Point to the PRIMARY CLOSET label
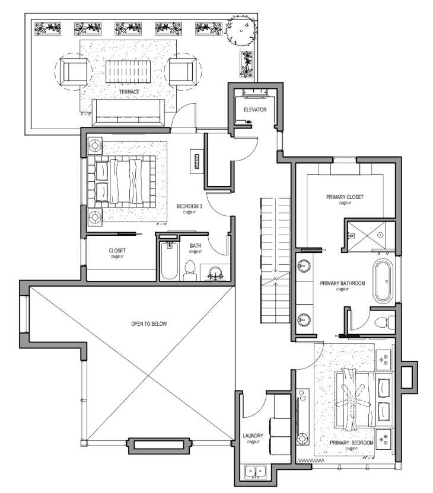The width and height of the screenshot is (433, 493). click(344, 197)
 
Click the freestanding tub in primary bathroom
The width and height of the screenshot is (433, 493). click(383, 280)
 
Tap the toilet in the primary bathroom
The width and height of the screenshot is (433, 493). click(383, 322)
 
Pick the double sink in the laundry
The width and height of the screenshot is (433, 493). click(256, 472)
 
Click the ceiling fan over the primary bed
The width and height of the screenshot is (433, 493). click(355, 402)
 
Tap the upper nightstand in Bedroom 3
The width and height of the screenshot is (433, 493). click(95, 145)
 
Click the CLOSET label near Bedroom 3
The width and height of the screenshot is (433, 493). click(116, 251)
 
